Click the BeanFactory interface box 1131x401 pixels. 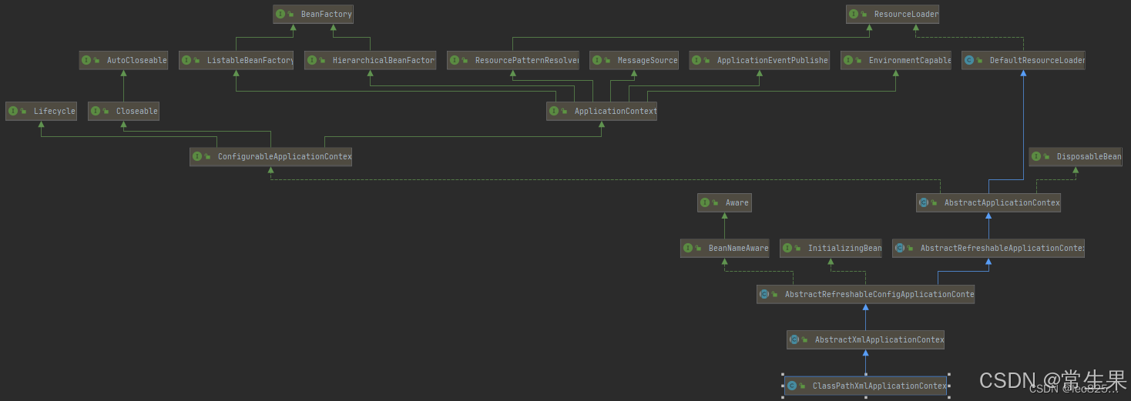[313, 14]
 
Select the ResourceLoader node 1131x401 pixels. [892, 14]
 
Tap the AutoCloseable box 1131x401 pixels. [123, 60]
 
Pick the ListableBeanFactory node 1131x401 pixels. [236, 60]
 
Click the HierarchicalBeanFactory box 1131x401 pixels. [371, 60]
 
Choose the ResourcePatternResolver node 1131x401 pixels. [513, 60]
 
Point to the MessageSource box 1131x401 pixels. [634, 60]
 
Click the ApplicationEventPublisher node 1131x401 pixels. [759, 60]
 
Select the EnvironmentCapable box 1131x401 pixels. [896, 60]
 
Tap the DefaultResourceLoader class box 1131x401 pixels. [1023, 60]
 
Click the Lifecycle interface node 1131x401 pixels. [42, 111]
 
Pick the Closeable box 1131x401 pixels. [123, 111]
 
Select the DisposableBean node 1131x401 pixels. [1076, 156]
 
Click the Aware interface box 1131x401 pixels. [724, 202]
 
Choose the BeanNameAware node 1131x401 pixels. [724, 248]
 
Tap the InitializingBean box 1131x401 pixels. [831, 248]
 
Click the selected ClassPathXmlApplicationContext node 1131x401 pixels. [865, 386]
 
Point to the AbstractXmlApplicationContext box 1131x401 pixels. [865, 339]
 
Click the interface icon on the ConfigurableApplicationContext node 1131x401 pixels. [197, 156]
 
